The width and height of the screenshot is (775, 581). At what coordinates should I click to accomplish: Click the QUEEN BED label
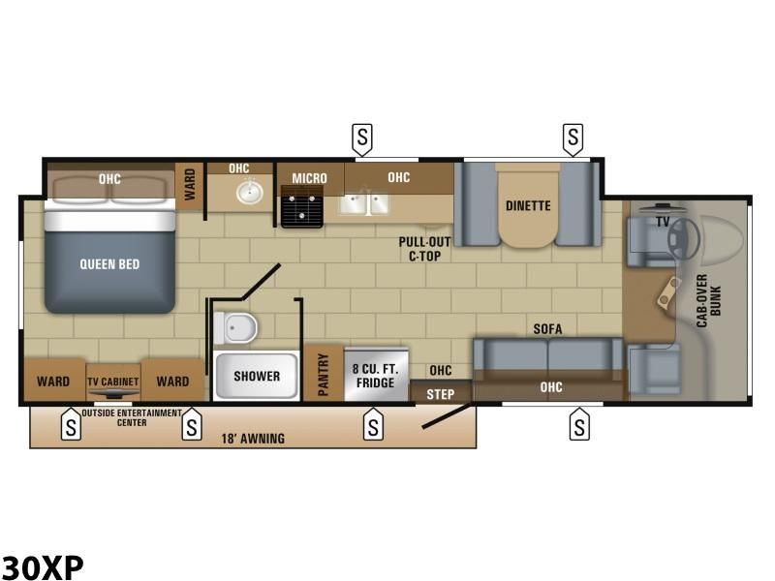[x=109, y=264]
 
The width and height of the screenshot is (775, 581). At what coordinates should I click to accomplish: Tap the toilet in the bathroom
[x=235, y=327]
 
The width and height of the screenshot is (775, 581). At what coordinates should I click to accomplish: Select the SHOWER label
[x=257, y=376]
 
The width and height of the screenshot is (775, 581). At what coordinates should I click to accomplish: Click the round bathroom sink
[x=250, y=192]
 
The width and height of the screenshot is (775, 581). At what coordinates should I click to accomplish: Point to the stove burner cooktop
[x=302, y=206]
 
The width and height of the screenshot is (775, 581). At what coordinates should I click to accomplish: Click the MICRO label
[x=309, y=178]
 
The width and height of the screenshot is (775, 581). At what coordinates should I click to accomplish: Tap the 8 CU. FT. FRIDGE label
[x=376, y=376]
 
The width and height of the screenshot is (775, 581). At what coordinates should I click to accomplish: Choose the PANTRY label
[x=324, y=375]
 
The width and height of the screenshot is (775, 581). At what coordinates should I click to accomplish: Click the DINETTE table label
[x=528, y=205]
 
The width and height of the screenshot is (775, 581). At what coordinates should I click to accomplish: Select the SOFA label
[x=547, y=329]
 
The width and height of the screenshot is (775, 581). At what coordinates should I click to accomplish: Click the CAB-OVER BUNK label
[x=709, y=300]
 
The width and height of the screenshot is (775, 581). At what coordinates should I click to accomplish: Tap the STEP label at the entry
[x=441, y=394]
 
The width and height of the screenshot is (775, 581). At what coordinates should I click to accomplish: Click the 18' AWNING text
[x=253, y=439]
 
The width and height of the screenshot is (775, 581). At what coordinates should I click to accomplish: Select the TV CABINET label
[x=113, y=382]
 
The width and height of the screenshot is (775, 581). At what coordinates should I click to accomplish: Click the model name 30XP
[x=43, y=567]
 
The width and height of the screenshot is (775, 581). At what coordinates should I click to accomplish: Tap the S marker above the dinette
[x=573, y=138]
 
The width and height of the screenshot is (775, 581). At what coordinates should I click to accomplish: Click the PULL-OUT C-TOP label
[x=424, y=249]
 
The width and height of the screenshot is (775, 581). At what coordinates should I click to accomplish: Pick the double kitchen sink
[x=364, y=203]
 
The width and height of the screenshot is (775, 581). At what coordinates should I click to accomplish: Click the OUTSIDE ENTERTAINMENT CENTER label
[x=132, y=417]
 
